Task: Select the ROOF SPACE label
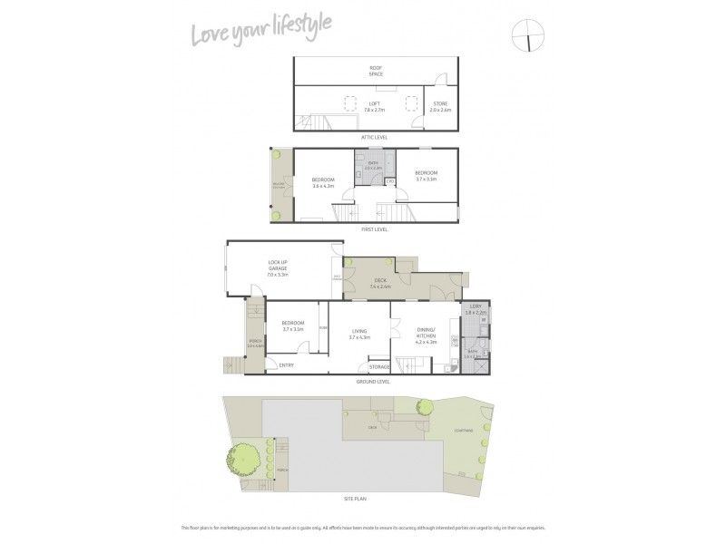pyautogui.click(x=375, y=71)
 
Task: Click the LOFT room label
pyautogui.click(x=375, y=106)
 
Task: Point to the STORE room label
pyautogui.click(x=439, y=106)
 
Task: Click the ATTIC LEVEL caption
pyautogui.click(x=375, y=137)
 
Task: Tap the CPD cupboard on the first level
pyautogui.click(x=389, y=181)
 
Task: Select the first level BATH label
pyautogui.click(x=373, y=165)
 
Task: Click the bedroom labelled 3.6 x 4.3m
pyautogui.click(x=323, y=182)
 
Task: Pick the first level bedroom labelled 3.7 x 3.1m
pyautogui.click(x=427, y=176)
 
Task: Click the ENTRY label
pyautogui.click(x=287, y=365)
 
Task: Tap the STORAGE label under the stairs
pyautogui.click(x=379, y=366)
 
